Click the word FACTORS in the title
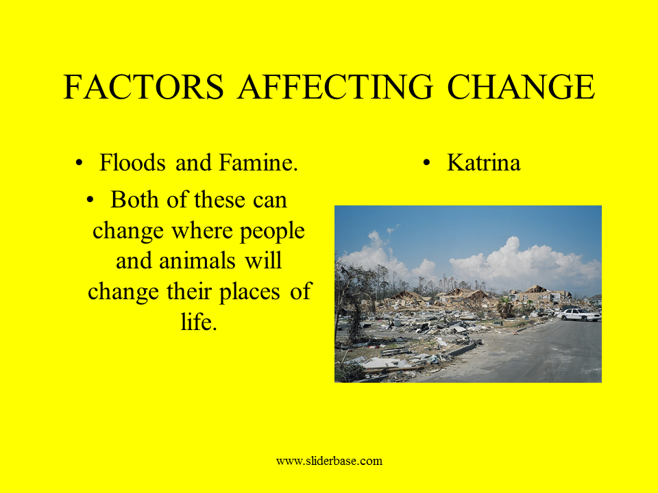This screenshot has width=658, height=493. click(143, 87)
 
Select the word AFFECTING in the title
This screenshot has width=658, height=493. click(335, 87)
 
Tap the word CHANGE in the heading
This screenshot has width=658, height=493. click(521, 87)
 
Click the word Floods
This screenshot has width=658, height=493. click(132, 162)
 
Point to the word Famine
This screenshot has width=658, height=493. click(258, 162)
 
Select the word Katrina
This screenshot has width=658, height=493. click(484, 162)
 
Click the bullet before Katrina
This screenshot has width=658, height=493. click(427, 163)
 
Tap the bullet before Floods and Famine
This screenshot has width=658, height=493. click(79, 163)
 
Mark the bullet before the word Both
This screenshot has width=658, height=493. click(90, 200)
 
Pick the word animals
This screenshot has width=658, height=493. click(197, 261)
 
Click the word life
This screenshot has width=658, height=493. click(199, 322)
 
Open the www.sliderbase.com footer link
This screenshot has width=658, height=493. click(330, 461)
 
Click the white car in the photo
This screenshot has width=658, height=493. click(579, 314)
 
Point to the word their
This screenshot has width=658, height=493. click(190, 292)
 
